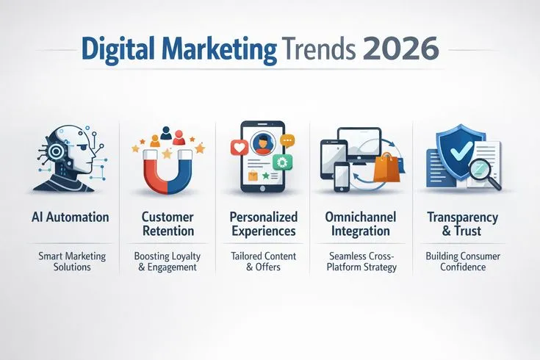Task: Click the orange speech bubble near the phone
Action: (287, 139)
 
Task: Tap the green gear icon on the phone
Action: (280, 162)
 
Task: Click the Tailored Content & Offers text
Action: (263, 262)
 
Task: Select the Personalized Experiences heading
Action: (263, 224)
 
